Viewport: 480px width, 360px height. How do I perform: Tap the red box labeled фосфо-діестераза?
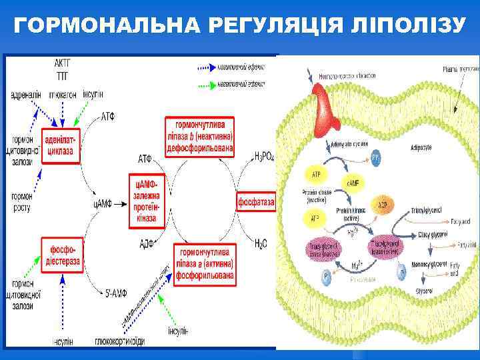click(x=61, y=255)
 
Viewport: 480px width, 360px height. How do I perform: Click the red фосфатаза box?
click(x=256, y=200)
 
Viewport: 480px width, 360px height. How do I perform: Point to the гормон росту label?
click(x=24, y=202)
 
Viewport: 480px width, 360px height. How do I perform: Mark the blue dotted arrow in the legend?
click(x=212, y=67)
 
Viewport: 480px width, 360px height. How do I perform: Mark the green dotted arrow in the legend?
click(x=212, y=85)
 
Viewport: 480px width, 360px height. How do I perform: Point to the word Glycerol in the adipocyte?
click(x=424, y=291)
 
